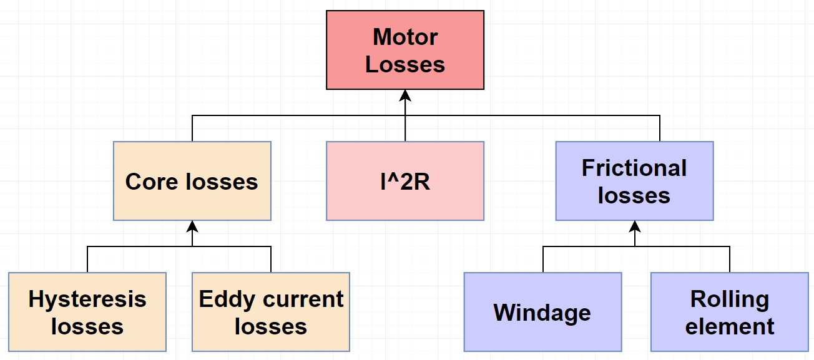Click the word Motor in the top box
tap(405, 37)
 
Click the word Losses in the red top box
tap(405, 64)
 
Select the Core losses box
tap(192, 181)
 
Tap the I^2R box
tap(405, 181)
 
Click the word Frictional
tap(634, 168)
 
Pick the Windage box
tap(542, 312)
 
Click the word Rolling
tap(729, 299)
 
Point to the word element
tap(729, 326)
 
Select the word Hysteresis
tap(87, 299)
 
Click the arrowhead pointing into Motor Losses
tap(405, 95)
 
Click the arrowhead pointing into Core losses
tap(192, 226)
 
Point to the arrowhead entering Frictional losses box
tap(635, 226)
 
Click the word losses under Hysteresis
tap(87, 326)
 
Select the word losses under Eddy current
tap(271, 326)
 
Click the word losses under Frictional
tap(634, 195)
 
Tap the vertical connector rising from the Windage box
tap(543, 260)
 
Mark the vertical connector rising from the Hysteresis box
tap(87, 260)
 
